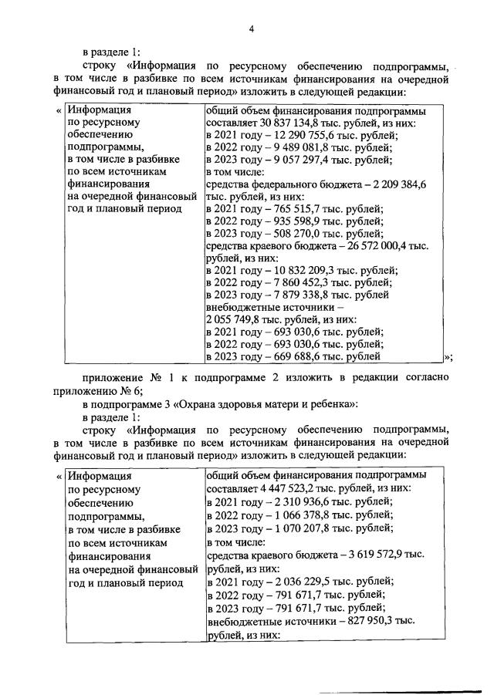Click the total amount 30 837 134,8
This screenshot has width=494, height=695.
tap(290, 123)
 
